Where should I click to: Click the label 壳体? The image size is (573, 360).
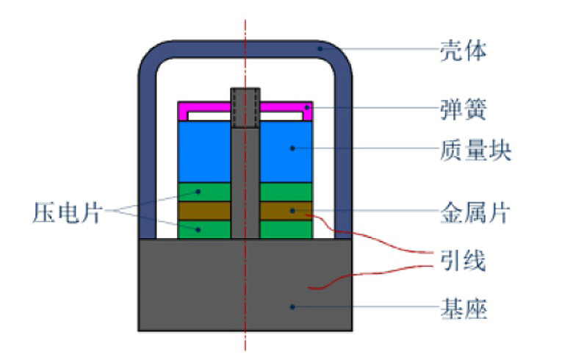tap(463, 51)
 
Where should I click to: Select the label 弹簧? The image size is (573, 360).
tap(463, 111)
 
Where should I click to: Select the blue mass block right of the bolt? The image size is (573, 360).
tap(286, 151)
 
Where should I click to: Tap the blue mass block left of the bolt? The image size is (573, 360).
tap(204, 151)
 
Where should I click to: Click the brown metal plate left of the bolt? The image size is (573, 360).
tap(204, 211)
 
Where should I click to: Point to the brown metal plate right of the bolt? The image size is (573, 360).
tap(286, 211)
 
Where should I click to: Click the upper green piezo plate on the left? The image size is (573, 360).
tap(204, 192)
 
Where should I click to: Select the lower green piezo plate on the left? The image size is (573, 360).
tap(204, 229)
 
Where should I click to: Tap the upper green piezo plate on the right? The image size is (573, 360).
tap(286, 192)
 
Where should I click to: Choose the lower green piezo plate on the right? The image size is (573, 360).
tap(286, 229)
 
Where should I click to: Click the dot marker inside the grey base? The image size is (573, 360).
tap(292, 306)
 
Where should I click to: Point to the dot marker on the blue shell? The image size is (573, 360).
tap(320, 48)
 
